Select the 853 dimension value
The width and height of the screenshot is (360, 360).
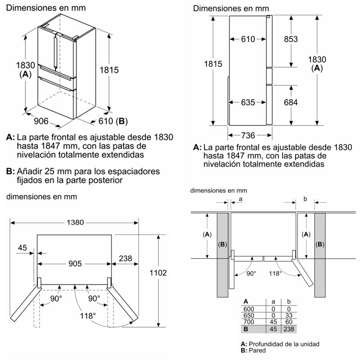pos(290,39)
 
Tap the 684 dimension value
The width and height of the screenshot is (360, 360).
pos(290,102)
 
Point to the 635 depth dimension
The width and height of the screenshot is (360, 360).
pos(248,102)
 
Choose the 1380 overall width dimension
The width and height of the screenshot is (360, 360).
pos(75,222)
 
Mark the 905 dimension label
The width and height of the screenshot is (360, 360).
pos(74,264)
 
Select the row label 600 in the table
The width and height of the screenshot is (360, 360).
pos(248,309)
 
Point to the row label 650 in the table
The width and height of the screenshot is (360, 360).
pos(248,316)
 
